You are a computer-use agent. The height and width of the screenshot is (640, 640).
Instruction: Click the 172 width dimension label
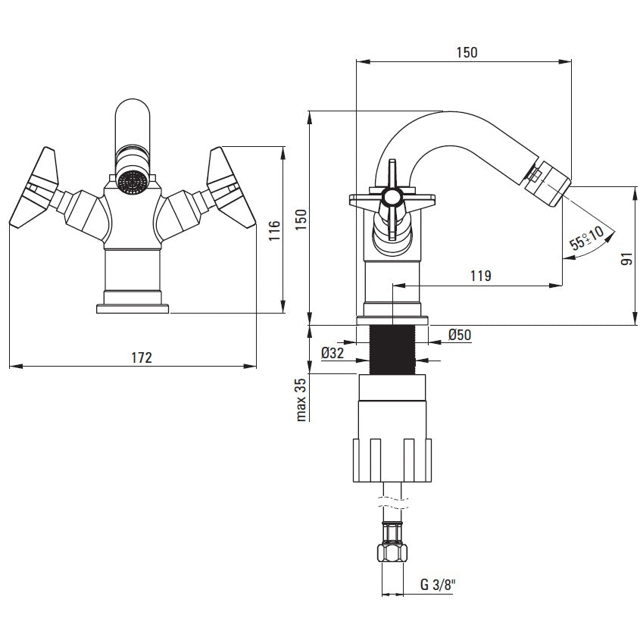[142, 357]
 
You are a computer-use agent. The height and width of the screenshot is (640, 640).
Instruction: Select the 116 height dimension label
[274, 230]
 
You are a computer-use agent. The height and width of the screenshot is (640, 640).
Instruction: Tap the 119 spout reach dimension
[480, 276]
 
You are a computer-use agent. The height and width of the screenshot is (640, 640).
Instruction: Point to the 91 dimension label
[626, 259]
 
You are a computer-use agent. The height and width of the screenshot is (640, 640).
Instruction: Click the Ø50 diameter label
[460, 335]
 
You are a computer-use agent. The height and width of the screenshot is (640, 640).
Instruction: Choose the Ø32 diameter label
[332, 353]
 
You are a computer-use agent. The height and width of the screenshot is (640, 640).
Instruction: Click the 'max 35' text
[301, 400]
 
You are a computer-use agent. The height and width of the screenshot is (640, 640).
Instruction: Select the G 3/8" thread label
[438, 585]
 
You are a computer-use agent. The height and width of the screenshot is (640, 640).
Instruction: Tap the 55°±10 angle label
[587, 238]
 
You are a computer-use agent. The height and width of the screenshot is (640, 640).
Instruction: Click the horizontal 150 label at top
[467, 52]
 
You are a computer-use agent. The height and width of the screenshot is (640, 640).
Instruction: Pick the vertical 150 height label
[301, 219]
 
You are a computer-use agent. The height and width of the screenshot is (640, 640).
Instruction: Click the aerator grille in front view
[132, 182]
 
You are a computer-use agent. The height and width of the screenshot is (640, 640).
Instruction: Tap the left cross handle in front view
[34, 187]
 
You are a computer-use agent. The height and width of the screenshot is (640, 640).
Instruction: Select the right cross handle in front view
[230, 187]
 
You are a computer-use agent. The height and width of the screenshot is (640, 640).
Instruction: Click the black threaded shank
[392, 349]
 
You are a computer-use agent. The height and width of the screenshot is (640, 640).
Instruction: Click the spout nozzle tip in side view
[548, 184]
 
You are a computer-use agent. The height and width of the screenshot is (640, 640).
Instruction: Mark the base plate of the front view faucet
[133, 308]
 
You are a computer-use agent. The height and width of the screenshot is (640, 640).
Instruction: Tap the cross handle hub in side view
[392, 198]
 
